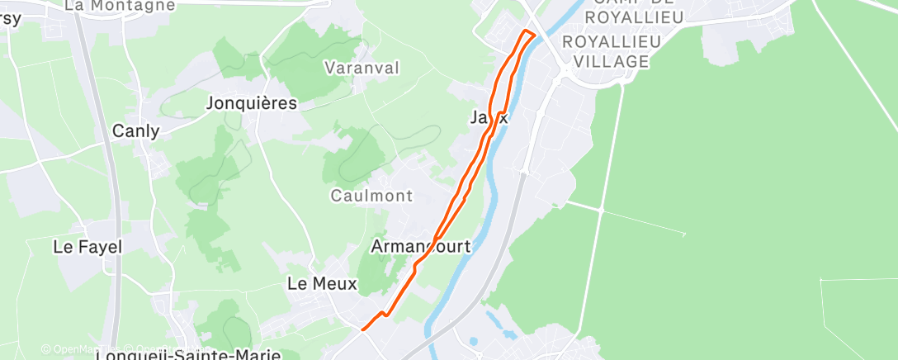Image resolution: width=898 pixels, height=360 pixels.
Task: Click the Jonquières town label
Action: click(x=252, y=103)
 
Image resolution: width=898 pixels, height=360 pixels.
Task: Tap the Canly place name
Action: click(x=135, y=130)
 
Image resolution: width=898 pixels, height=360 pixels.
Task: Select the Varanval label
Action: click(x=362, y=67)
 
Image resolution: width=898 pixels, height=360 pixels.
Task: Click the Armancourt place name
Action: click(x=421, y=246)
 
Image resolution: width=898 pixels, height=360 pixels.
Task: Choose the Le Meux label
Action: click(x=322, y=283)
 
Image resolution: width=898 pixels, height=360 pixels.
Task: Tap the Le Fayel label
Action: click(x=87, y=246)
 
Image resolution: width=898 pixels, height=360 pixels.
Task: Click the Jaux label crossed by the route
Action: click(x=489, y=117)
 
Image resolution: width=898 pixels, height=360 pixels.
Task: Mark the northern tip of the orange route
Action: click(x=526, y=31)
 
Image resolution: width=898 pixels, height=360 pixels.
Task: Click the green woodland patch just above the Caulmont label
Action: click(x=355, y=157)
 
